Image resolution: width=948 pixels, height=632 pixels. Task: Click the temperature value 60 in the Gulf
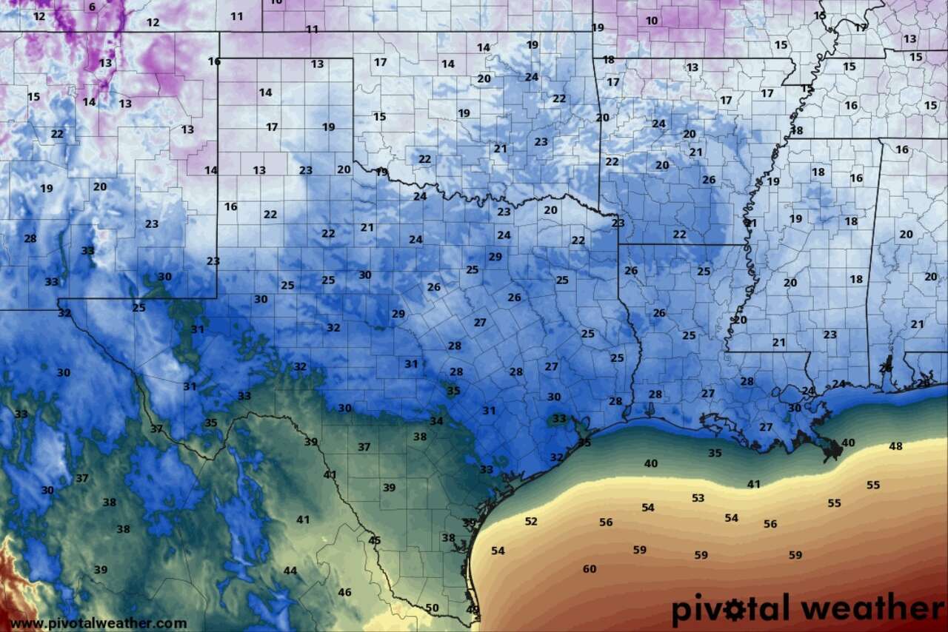coord(590,569)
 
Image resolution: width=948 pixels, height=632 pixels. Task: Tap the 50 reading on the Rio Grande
coord(433,608)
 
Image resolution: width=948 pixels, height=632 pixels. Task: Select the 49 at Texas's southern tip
coord(472,610)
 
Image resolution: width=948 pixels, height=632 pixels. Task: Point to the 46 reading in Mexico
coord(345,593)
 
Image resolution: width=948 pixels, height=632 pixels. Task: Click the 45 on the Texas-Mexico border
coord(375,540)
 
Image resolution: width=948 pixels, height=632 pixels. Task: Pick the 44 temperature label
coord(290,571)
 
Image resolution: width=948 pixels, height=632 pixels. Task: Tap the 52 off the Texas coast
coord(531,522)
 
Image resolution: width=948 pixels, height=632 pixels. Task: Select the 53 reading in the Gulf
coord(698,498)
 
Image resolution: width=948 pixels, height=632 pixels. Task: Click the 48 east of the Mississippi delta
coord(896,446)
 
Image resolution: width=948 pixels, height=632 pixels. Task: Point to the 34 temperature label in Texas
coord(437,421)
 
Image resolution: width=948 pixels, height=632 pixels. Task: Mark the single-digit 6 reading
coord(92,7)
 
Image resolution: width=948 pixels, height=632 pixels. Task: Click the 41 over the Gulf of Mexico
coord(754,485)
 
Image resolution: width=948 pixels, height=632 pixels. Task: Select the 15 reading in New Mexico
coord(33,97)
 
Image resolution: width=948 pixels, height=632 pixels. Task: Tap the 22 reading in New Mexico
coord(57,134)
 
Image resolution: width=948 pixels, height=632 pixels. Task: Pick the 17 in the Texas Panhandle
coord(272,127)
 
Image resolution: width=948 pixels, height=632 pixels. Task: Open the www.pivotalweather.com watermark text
coord(99,624)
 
